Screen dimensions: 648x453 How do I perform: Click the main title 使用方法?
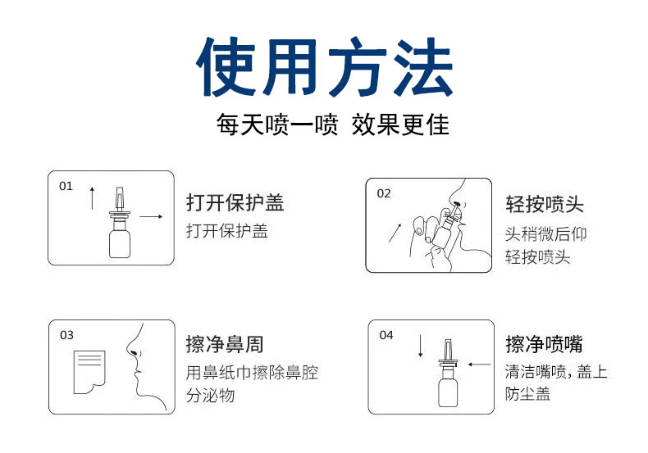325,67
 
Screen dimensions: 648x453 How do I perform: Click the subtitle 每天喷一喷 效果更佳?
333,125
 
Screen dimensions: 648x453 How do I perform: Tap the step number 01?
66,187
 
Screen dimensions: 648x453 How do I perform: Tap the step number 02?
384,194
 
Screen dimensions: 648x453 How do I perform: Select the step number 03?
66,335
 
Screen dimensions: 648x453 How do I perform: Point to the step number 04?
386,335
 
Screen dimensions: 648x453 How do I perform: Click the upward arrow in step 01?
92,198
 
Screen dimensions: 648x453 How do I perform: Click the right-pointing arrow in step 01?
151,216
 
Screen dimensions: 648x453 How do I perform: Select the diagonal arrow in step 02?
395,233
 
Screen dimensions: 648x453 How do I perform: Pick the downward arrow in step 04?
420,346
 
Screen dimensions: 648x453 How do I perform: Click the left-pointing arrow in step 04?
479,365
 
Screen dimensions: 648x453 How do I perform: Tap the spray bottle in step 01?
120,222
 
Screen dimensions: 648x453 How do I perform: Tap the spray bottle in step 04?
448,373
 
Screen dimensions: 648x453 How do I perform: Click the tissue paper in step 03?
89,372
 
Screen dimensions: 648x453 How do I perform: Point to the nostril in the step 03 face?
134,353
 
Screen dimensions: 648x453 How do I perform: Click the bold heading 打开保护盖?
235,202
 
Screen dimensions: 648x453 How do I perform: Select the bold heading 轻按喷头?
545,204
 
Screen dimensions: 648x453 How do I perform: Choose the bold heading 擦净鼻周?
225,345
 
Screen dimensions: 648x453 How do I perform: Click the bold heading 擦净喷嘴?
545,344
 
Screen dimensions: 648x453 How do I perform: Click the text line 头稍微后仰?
546,234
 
